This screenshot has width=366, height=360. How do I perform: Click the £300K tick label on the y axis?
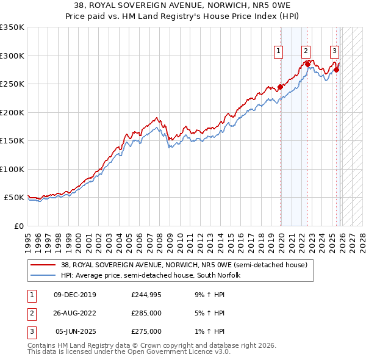pos(12,56)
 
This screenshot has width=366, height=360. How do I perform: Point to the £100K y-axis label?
pos(12,169)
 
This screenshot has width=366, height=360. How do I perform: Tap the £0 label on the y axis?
pos(18,226)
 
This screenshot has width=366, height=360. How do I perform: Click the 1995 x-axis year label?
pos(27,237)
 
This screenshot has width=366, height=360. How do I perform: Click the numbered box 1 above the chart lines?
pos(279,51)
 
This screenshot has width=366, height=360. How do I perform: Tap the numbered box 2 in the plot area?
pos(306,51)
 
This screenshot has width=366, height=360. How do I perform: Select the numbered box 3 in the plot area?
pos(335,51)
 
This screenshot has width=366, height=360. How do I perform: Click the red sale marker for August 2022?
pos(308,64)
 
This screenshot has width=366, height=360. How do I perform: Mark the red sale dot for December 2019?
pos(281,87)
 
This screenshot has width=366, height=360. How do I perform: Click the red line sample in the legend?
pos(43,265)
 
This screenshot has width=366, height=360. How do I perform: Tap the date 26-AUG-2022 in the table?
pos(75,313)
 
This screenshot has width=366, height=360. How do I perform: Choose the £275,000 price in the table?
pos(146,331)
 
